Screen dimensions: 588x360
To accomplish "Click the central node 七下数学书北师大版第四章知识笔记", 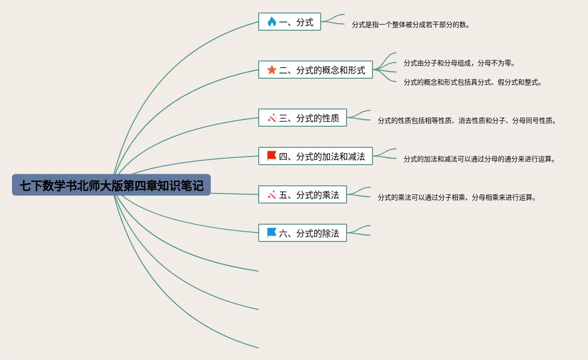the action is pos(111,185).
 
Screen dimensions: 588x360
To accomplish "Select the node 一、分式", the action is pos(289,22).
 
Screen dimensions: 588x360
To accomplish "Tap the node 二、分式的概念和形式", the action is pos(315,70).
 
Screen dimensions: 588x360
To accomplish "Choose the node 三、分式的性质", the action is pos(302,118).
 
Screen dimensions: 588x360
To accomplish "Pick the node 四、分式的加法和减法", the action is pos(315,156).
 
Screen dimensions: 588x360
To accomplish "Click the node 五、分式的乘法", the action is pos(302,195).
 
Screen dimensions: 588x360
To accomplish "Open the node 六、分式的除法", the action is pos(302,233).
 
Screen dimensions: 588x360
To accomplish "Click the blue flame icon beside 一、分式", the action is pos(272,22).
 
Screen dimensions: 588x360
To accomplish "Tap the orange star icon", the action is pos(272,70).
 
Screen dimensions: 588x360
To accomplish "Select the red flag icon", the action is pos(272,156).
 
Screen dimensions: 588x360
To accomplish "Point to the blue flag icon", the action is pos(272,233).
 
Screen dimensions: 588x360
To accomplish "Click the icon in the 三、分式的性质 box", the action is pos(272,118).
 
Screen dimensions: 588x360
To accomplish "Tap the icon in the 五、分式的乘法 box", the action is pos(272,195).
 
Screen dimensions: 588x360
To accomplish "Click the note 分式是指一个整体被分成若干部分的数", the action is pos(410,24).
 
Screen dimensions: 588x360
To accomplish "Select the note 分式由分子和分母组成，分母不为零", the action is pos(459,63).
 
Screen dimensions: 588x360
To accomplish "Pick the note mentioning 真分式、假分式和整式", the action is pos(472,82).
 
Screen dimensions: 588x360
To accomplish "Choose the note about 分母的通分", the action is pos(479,159).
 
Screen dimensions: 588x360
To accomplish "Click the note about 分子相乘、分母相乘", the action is pos(456,197).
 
